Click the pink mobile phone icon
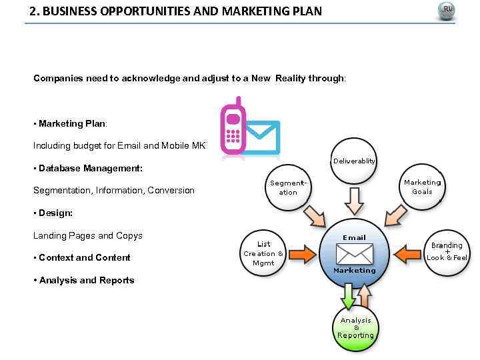[x=232, y=127]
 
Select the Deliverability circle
[x=354, y=161]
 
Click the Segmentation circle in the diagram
[x=288, y=186]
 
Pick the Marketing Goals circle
[x=421, y=186]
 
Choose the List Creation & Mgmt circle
[x=263, y=253]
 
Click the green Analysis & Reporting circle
[x=355, y=327]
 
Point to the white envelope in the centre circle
[x=354, y=254]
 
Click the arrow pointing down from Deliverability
[x=354, y=199]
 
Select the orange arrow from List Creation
[x=303, y=254]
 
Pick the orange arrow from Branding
[x=406, y=254]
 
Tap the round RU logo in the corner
[x=446, y=11]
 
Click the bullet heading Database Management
[x=91, y=168]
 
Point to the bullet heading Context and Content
[x=85, y=258]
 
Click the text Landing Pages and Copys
[x=88, y=236]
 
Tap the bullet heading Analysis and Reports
[x=87, y=281]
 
